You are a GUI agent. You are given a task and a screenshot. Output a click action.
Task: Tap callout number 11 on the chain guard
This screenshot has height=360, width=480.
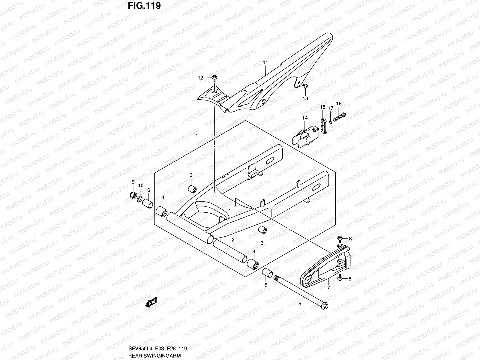(x=265, y=63)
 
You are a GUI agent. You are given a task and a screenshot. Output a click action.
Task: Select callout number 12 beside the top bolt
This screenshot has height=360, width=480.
(x=200, y=78)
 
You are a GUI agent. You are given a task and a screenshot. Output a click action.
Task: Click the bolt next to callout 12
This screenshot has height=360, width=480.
(x=214, y=79)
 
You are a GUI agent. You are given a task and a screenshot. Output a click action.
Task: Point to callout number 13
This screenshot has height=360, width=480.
(x=305, y=98)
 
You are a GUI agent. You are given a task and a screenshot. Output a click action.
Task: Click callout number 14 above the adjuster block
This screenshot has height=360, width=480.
(x=305, y=118)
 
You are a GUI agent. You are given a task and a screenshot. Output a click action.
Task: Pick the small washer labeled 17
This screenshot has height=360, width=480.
(x=330, y=122)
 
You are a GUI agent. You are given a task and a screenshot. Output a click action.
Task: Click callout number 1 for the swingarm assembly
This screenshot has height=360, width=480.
(x=197, y=136)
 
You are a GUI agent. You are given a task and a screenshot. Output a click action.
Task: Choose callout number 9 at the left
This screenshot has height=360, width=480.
(x=133, y=182)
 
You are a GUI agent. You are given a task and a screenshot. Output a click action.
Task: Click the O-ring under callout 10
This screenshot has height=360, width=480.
(x=140, y=199)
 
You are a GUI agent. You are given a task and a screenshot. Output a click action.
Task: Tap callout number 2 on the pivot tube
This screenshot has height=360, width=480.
(x=233, y=239)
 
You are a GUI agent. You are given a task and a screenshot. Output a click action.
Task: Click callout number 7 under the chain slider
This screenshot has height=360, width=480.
(x=328, y=288)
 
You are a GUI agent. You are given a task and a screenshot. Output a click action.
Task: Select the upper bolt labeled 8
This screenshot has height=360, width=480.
(x=340, y=239)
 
